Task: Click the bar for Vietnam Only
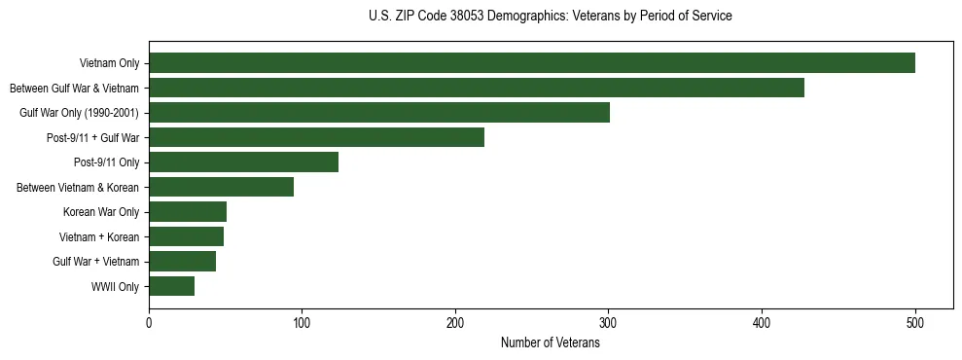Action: click(531, 63)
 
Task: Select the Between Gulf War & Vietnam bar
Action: click(477, 88)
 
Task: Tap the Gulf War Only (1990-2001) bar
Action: click(379, 113)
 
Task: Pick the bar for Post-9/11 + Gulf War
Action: click(316, 137)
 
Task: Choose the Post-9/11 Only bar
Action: click(243, 162)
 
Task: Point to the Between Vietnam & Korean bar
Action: click(221, 187)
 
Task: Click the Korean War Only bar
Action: click(188, 212)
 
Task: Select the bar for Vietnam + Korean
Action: click(186, 236)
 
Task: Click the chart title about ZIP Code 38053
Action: click(550, 17)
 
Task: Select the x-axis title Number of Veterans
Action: click(550, 343)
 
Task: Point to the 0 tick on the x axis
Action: click(149, 323)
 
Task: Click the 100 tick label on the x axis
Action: click(302, 323)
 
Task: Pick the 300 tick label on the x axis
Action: click(608, 323)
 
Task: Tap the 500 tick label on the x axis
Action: click(914, 323)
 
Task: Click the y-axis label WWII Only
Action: click(115, 287)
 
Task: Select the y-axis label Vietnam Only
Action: click(109, 64)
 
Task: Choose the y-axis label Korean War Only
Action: click(101, 212)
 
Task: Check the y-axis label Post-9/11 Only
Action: click(106, 162)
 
